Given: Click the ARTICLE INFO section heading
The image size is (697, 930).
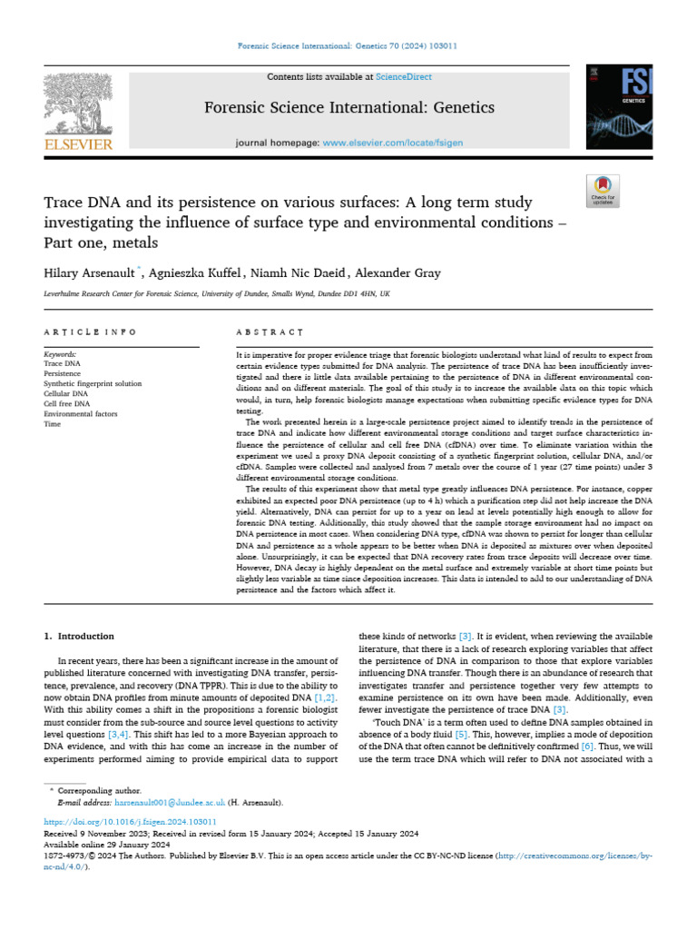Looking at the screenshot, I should (91, 333).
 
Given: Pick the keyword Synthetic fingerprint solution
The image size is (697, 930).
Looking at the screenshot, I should (93, 383).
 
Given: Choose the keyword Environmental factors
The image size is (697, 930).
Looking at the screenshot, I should (83, 413).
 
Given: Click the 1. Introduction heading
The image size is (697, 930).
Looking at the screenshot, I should (80, 636).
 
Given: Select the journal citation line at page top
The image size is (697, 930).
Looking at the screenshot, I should (348, 45).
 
